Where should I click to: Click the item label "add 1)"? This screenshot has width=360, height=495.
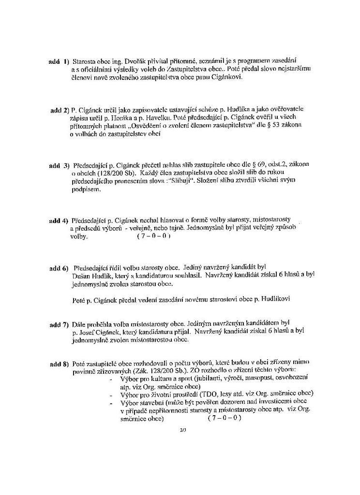(x=59, y=62)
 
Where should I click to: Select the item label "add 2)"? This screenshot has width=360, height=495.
(x=60, y=111)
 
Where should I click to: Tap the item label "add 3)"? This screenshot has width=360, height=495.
(x=60, y=166)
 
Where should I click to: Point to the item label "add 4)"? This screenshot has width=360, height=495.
(x=59, y=221)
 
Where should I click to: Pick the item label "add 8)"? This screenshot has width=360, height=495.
(x=60, y=364)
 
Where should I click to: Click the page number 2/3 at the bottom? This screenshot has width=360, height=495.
(x=182, y=429)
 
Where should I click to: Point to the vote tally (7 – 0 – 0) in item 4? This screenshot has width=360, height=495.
(x=154, y=236)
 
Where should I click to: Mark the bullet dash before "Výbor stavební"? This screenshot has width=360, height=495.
(x=112, y=402)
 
